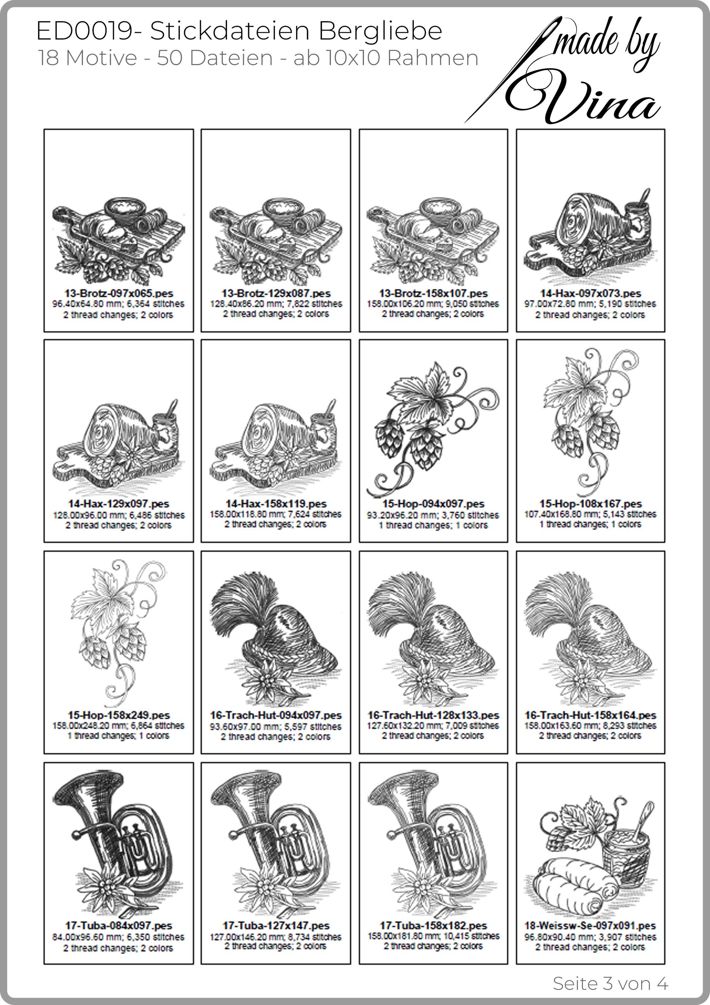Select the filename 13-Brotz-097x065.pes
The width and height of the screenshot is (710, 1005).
click(x=119, y=293)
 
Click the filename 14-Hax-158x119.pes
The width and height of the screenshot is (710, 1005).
click(x=276, y=504)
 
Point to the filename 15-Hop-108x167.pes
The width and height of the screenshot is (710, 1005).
click(x=590, y=504)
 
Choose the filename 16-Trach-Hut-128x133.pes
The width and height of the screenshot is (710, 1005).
click(x=433, y=715)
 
